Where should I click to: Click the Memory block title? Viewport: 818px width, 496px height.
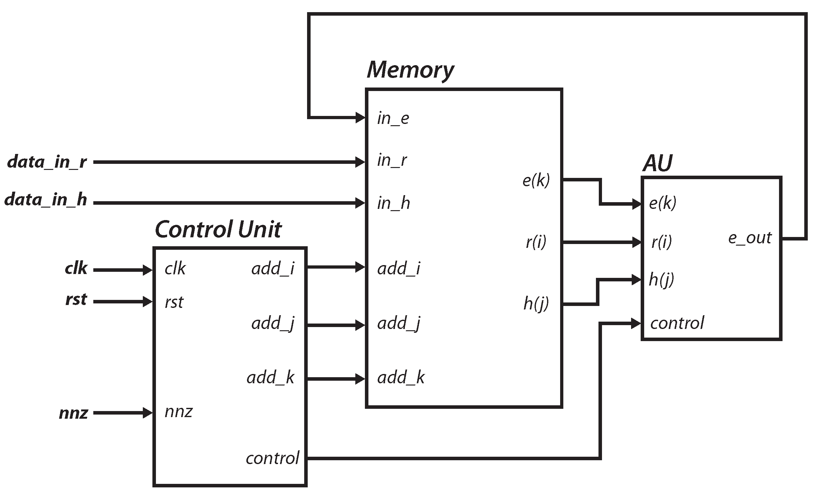point(410,70)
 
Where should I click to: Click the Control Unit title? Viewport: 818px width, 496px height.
point(218,230)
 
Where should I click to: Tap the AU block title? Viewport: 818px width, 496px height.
point(657,163)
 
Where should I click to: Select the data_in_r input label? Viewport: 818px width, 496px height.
point(47,162)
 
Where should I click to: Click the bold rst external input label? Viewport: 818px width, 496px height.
point(76,300)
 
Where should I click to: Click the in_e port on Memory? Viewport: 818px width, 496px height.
point(393,119)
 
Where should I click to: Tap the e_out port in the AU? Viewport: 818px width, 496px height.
point(750,238)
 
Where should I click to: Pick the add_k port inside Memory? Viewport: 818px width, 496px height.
point(401,378)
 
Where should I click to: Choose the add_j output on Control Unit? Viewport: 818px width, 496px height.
point(273,323)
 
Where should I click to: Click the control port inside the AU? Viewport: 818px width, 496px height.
point(677,323)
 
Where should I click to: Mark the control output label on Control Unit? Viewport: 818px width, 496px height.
point(273,459)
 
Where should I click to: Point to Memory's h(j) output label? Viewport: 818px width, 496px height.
point(536,303)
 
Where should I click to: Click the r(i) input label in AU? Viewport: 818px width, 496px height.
point(661,242)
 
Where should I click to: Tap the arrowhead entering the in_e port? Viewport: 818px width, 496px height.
point(360,118)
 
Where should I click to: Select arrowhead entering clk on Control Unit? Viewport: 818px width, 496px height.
point(147,270)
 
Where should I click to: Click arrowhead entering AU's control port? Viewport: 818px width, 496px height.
point(636,323)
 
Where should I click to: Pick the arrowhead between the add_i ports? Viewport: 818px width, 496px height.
point(360,267)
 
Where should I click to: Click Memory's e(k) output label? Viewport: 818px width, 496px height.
point(536,180)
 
